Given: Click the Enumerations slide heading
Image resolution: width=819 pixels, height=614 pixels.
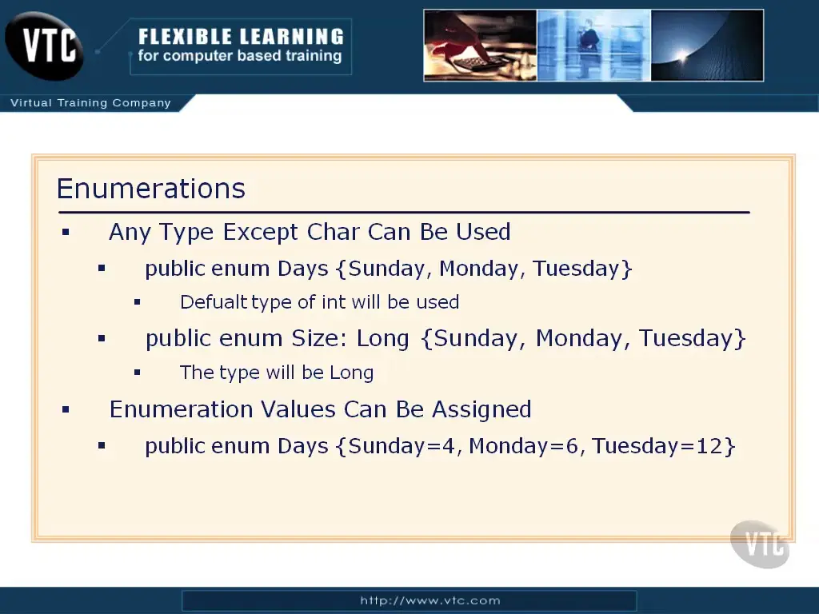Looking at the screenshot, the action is [151, 188].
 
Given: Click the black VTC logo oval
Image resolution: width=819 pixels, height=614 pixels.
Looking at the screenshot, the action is [44, 46].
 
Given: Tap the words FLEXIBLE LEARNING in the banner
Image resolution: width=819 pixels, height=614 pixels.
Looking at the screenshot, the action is [241, 37].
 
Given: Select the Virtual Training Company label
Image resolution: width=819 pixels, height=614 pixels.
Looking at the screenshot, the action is [91, 103].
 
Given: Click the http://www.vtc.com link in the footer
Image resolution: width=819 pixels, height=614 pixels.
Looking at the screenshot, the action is [429, 600].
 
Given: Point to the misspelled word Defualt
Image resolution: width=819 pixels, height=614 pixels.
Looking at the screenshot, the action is [214, 301].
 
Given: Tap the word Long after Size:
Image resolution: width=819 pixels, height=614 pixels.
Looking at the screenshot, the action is [382, 339].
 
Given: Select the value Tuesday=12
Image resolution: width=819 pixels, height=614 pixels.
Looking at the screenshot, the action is [657, 446].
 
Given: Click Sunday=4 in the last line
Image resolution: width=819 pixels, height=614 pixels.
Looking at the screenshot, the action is [402, 446].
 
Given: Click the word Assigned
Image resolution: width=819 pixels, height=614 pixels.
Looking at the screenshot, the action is [481, 410].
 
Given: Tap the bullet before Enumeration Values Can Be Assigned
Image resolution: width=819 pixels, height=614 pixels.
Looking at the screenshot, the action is [66, 409].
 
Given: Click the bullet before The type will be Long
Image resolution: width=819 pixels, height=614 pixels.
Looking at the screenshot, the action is [137, 373].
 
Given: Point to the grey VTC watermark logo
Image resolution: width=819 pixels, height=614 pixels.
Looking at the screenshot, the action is [760, 544].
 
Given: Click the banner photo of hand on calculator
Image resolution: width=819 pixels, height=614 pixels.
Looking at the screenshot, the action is [480, 46].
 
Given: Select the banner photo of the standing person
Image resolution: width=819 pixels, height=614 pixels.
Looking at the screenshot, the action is [594, 46].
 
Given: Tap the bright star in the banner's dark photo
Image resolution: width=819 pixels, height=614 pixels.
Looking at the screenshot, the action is [683, 54].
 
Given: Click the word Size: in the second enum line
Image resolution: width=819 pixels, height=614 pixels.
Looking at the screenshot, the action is [319, 338].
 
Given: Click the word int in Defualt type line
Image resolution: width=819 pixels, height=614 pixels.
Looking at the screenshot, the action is [334, 301].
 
